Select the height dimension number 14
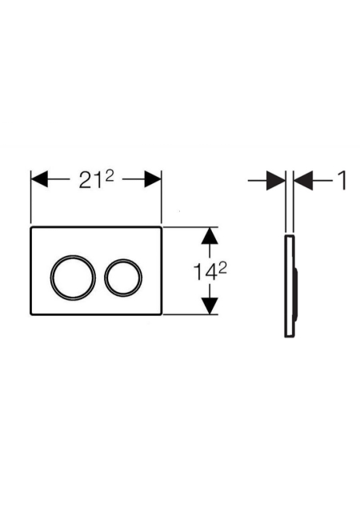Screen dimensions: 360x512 click(x=205, y=272)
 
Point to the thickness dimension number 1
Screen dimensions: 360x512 click(x=342, y=180)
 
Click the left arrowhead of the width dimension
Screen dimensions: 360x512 click(x=39, y=179)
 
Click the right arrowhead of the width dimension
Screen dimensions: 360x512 click(x=153, y=179)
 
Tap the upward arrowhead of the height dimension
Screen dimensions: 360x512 click(x=210, y=236)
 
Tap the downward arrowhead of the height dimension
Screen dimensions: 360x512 click(x=210, y=306)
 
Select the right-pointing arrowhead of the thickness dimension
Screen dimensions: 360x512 click(x=276, y=180)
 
